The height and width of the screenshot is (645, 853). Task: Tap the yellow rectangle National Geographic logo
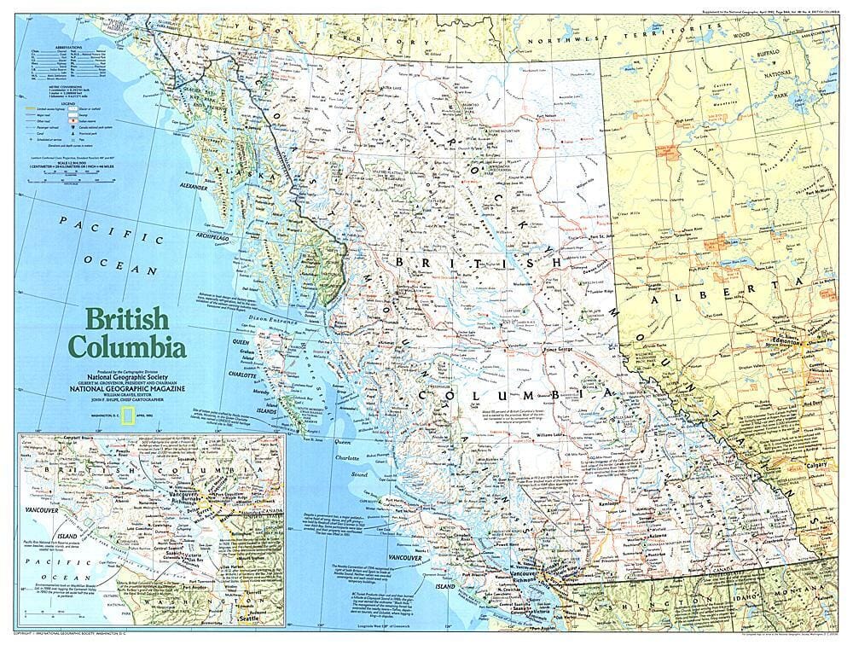126,415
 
